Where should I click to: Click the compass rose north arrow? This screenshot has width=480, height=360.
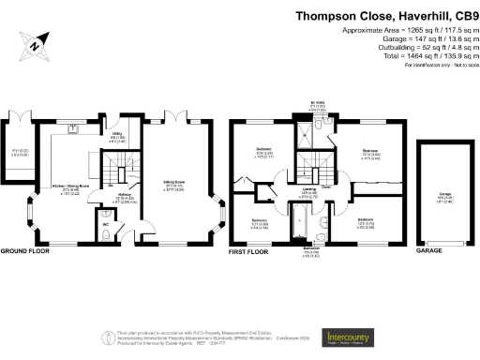(x=35, y=43)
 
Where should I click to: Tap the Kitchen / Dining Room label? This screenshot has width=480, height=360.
(x=74, y=163)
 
